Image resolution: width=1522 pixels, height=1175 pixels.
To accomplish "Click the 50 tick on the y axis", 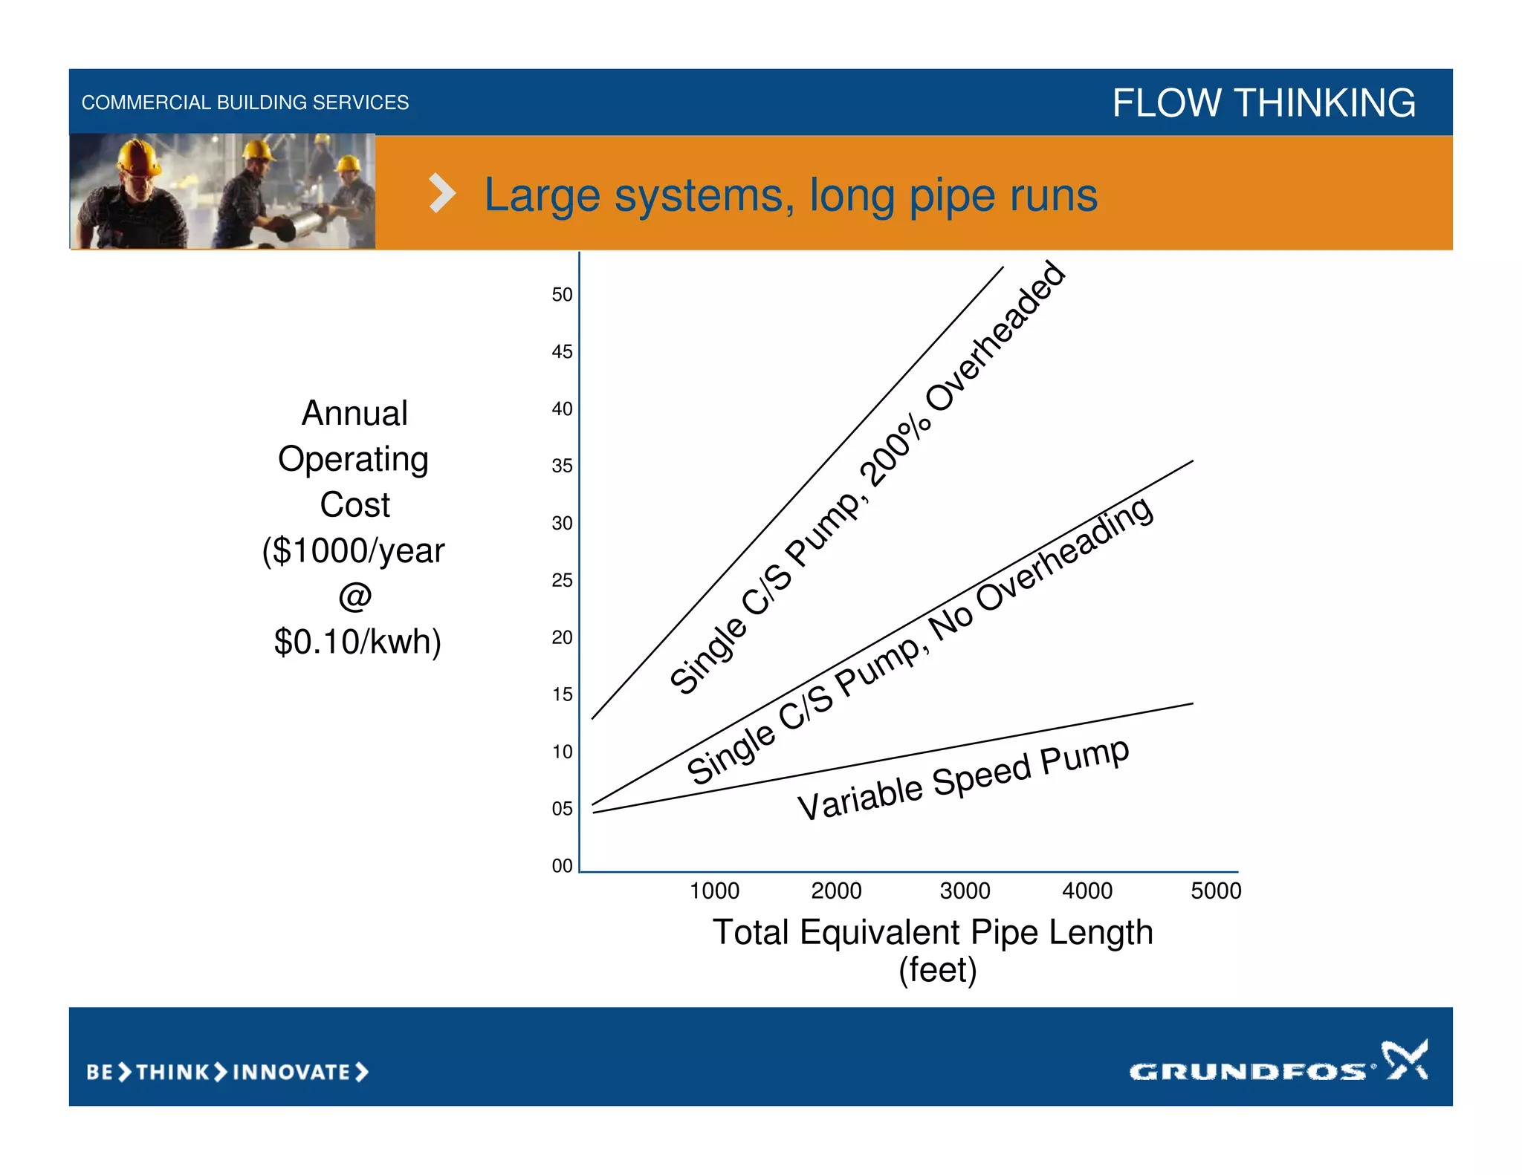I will coord(562,295).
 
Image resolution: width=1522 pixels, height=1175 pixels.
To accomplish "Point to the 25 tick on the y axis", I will coord(562,580).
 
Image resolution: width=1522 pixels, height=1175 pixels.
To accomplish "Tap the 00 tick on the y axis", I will coord(562,865).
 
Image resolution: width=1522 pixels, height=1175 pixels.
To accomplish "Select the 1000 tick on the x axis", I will coord(714,891).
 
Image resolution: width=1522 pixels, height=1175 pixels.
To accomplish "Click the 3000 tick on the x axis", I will coord(965,891).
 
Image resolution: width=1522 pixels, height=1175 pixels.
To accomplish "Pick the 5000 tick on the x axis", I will coord(1216,891).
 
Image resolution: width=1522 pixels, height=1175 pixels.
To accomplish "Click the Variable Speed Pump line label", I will coord(963,780).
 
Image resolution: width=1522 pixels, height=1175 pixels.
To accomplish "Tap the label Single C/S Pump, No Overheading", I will coord(920,640).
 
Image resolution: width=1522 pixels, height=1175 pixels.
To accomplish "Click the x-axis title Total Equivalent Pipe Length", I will coord(933,932).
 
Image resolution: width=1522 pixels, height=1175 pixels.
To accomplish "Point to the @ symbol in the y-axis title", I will coord(354,596).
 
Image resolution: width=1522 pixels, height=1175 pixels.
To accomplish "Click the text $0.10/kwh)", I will coord(357,642).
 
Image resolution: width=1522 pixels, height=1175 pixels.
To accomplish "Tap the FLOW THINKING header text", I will coord(1263,102).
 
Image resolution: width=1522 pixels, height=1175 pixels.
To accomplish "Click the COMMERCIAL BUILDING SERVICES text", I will coord(245,102).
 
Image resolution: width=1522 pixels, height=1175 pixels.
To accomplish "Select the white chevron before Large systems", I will coord(442,194).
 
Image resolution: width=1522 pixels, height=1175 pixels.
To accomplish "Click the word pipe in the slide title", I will coord(952,197).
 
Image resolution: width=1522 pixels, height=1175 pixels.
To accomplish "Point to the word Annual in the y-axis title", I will coord(354,413).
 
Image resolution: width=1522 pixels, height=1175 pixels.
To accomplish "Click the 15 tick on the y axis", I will coord(562,694).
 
